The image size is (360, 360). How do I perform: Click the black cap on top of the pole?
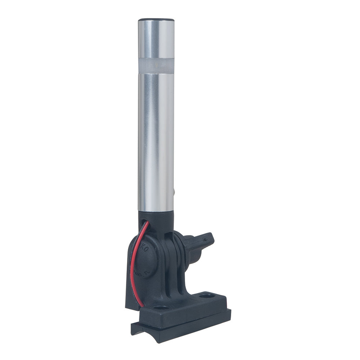(156, 19)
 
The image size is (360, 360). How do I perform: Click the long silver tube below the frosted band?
(156, 140)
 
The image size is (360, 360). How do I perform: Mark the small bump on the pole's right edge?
(174, 193)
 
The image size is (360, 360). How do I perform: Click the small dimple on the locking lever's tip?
(207, 237)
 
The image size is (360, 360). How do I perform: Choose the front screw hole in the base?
(161, 308)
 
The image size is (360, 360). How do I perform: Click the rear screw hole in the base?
(207, 296)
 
